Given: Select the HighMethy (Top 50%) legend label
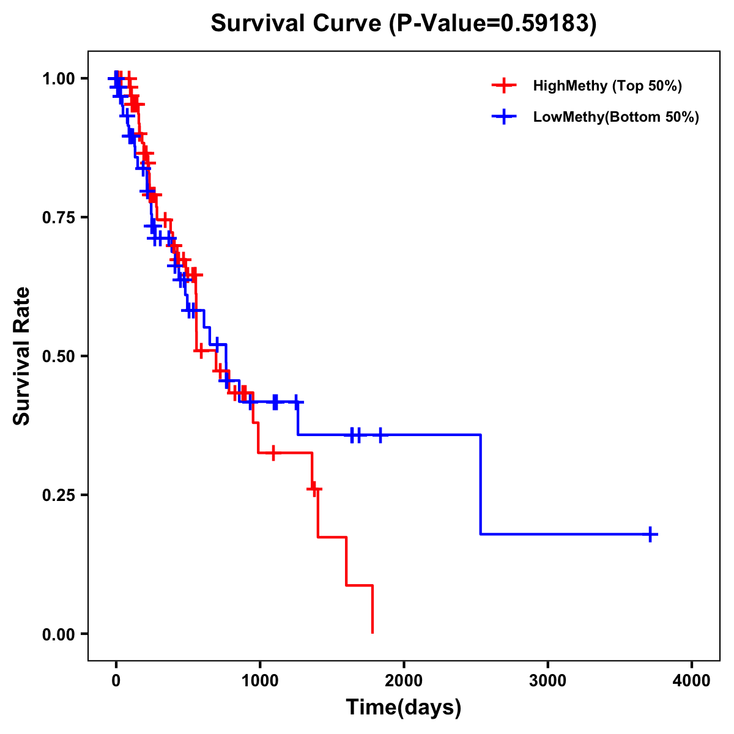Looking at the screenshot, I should pos(607,86).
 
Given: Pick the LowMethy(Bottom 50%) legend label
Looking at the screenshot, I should pos(616,117).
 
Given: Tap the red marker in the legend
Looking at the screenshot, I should pos(504,86).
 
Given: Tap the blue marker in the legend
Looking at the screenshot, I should pos(504,117).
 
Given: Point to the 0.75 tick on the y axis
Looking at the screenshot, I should pos(62,218).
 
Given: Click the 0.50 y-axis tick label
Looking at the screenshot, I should pos(62,357).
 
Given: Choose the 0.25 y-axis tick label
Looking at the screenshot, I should pos(62,495).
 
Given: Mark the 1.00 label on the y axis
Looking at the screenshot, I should pos(62,79).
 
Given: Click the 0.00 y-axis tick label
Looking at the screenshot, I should pos(62,634).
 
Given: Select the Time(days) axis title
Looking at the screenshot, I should pos(404,708).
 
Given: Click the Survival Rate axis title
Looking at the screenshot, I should pos(22,356).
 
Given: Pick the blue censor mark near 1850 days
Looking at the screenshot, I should pos(380,435).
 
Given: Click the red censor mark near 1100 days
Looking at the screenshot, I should pos(273,453).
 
